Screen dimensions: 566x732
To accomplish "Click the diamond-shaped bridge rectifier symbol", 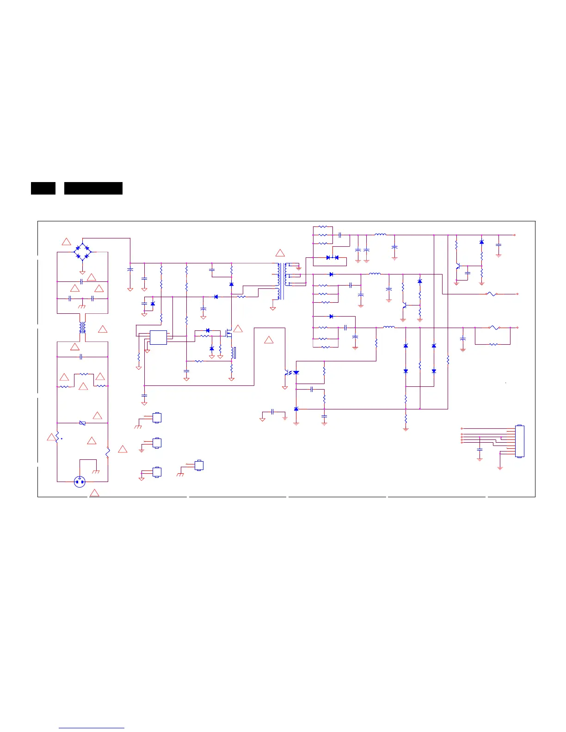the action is (82, 252).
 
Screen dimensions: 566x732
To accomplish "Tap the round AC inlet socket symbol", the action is (80, 482).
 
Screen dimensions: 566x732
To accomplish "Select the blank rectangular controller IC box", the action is (158, 337).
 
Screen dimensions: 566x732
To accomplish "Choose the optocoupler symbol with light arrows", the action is (291, 372).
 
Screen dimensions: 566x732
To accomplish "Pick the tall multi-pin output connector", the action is (519, 441).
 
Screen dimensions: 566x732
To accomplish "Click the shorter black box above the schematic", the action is (43, 188).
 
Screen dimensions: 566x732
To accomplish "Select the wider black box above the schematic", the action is (93, 188).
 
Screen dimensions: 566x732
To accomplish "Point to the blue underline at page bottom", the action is (92, 728).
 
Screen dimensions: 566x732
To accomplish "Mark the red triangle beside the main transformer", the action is (280, 253).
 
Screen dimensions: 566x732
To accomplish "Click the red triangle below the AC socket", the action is (94, 493).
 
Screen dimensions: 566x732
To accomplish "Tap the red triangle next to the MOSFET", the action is (238, 329).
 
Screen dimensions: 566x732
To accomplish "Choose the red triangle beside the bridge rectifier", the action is (66, 242).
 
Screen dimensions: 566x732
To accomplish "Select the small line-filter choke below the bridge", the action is (82, 328).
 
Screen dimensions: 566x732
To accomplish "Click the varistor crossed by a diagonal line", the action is (82, 423).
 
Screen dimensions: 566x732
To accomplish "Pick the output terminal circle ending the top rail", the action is (515, 235).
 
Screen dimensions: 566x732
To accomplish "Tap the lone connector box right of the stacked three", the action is (199, 465).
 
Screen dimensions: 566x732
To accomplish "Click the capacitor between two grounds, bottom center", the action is (273, 411).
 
